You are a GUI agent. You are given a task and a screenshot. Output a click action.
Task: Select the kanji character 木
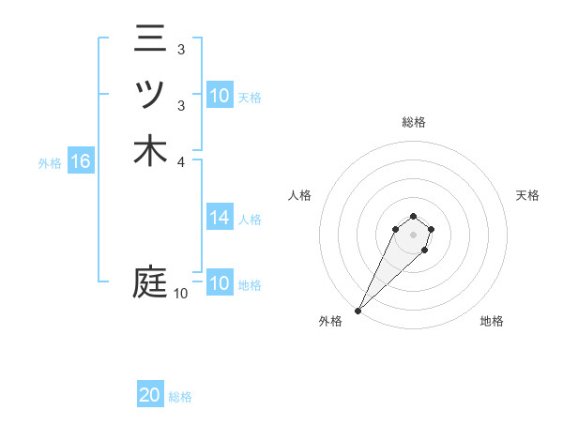150,150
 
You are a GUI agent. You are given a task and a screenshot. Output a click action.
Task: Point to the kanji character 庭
150,281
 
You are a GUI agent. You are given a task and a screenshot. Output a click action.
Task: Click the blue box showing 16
81,162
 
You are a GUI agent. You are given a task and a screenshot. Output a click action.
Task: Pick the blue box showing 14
220,219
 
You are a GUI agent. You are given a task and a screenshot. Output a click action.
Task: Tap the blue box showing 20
150,396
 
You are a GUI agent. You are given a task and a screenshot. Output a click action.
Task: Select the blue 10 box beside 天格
220,96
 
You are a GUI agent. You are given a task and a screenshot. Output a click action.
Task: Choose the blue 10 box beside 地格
220,283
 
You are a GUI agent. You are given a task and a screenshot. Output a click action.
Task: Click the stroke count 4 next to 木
180,161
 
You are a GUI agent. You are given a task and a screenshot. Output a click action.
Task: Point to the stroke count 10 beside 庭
180,294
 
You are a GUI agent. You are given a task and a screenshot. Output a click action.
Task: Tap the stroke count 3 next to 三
180,49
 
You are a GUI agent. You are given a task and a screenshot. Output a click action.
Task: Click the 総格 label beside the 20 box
180,397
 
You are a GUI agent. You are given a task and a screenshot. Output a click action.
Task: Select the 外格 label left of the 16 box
50,163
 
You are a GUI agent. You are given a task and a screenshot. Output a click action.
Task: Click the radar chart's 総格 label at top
413,122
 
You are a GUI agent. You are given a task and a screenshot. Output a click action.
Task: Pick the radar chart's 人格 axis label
299,195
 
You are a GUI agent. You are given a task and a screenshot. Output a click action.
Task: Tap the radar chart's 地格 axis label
492,321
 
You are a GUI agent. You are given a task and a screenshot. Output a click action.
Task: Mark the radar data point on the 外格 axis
358,310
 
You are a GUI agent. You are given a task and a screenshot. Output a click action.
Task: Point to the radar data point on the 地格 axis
425,251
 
